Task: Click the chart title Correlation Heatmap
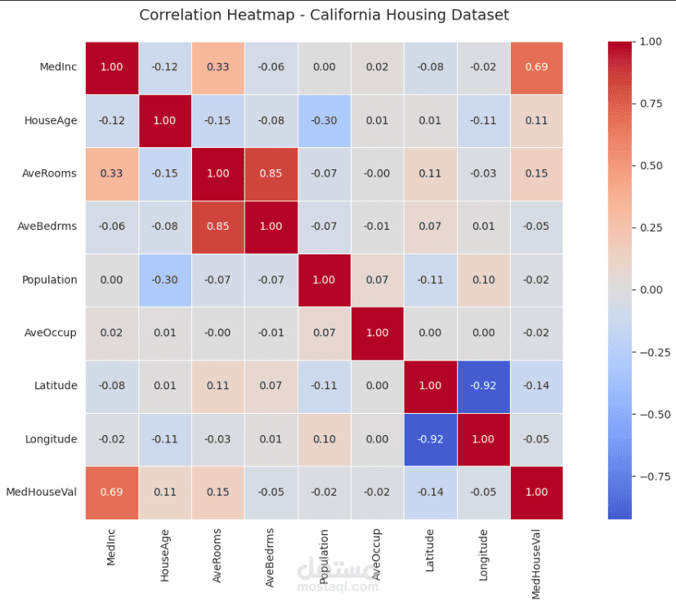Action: click(x=324, y=16)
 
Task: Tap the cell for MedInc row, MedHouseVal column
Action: click(x=536, y=67)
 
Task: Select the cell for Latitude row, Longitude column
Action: click(x=483, y=386)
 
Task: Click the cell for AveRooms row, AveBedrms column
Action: click(x=271, y=173)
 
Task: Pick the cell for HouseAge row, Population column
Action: click(x=324, y=120)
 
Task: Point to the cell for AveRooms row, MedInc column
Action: click(x=111, y=173)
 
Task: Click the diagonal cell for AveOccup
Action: click(x=377, y=333)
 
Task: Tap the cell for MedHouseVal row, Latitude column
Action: click(x=430, y=492)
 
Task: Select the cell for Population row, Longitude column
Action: click(x=483, y=280)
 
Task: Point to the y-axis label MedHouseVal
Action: click(x=42, y=492)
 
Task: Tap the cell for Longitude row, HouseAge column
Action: click(x=164, y=439)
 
